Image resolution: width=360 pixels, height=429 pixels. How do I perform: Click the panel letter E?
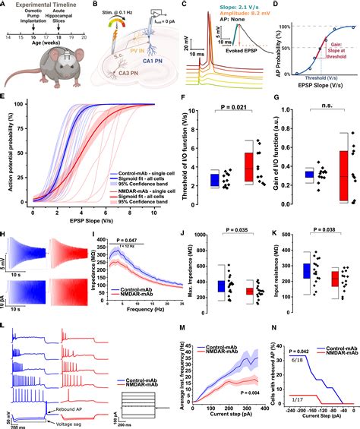click(x=5, y=99)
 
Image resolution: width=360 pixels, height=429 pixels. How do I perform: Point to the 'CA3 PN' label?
click(x=115, y=78)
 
